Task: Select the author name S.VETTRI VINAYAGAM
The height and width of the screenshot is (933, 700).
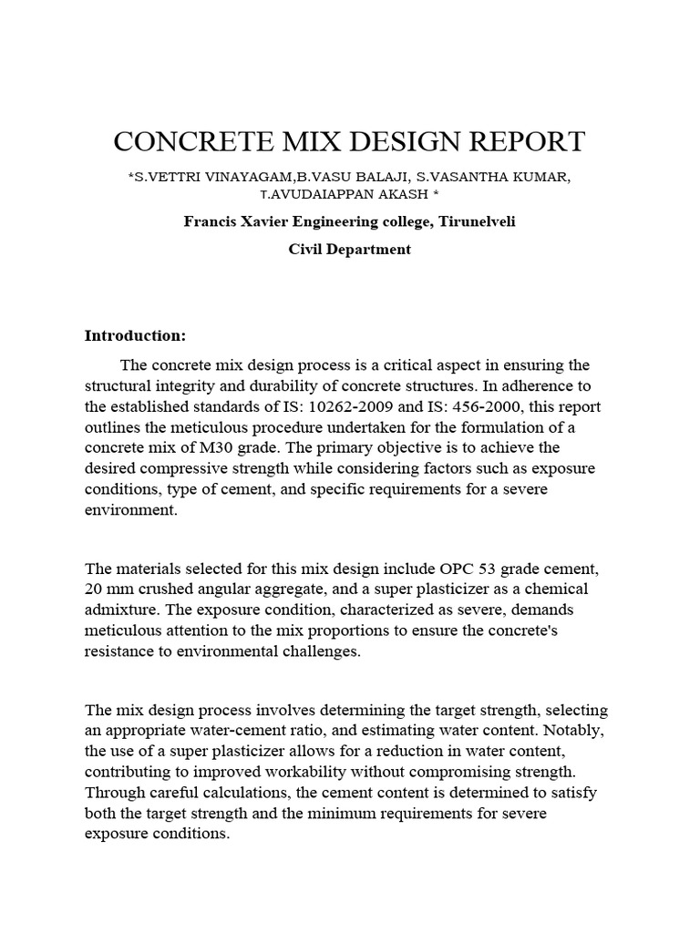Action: (206, 177)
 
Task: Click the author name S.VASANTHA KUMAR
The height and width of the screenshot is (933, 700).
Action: (493, 177)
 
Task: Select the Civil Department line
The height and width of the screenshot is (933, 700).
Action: (349, 249)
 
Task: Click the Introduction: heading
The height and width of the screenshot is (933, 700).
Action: (135, 335)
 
